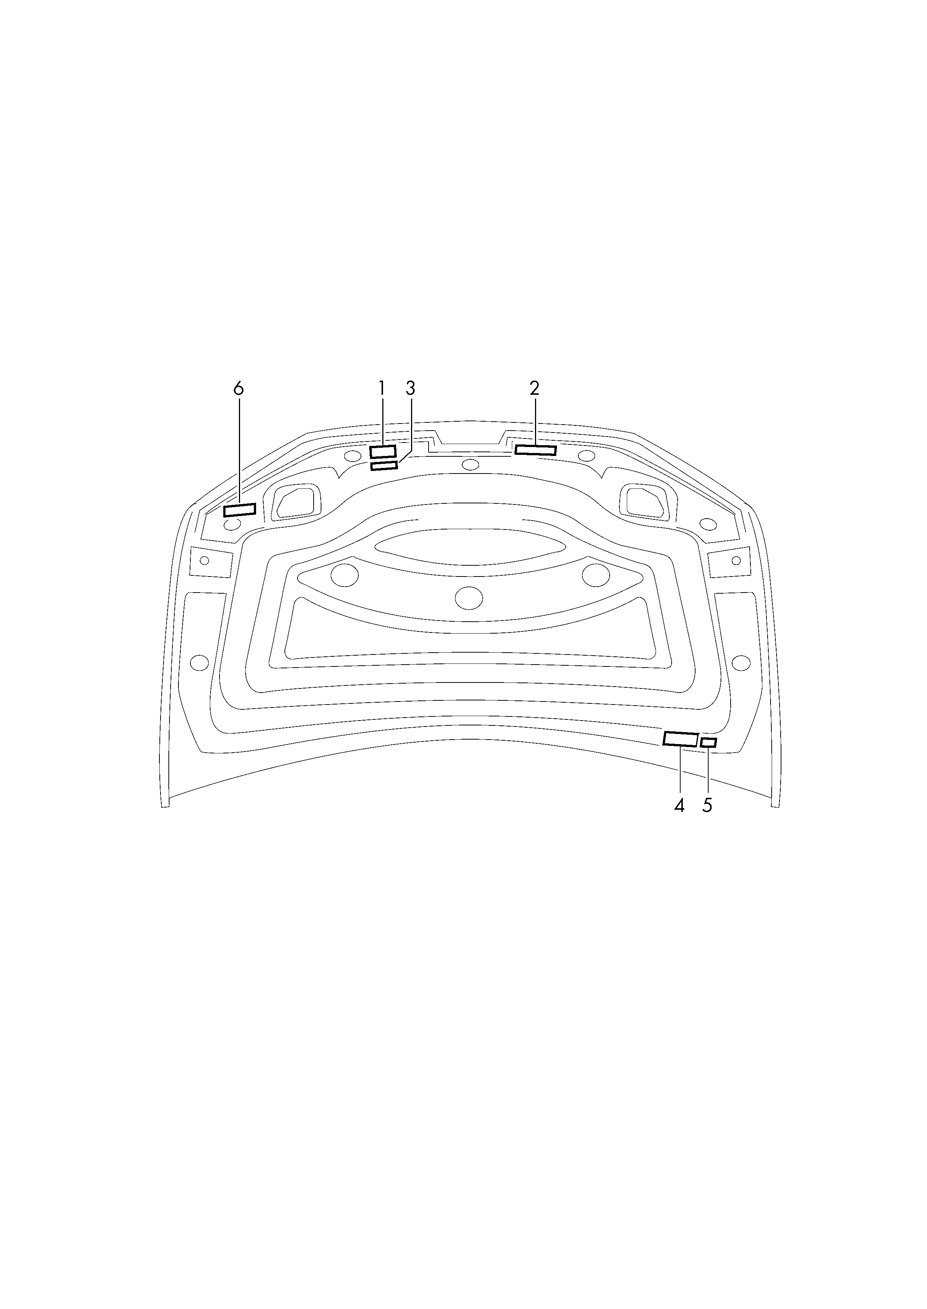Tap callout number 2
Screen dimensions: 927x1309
[x=534, y=388]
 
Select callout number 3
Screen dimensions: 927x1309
[x=410, y=388]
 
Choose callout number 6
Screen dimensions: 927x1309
[x=239, y=388]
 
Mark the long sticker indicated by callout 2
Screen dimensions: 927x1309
[x=535, y=450]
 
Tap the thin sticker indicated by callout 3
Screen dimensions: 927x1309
[x=384, y=466]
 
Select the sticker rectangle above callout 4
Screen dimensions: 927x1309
[x=680, y=739]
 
